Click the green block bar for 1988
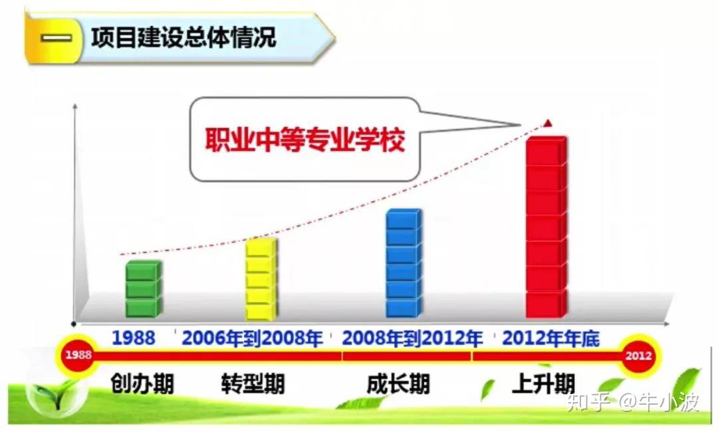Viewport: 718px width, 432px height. click(144, 288)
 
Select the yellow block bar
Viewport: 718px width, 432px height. click(261, 278)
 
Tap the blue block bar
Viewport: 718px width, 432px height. click(404, 263)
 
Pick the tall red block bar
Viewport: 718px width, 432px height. click(546, 227)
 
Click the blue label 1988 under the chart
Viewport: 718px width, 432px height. click(134, 338)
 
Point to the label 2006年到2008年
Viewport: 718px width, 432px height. click(253, 339)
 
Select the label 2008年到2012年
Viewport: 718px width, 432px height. click(412, 339)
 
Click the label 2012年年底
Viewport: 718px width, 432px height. click(551, 339)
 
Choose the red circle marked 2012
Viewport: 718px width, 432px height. click(639, 356)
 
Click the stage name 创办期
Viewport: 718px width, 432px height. click(142, 383)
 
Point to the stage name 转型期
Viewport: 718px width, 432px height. click(253, 383)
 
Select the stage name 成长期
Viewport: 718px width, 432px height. click(398, 383)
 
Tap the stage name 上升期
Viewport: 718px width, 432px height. click(544, 383)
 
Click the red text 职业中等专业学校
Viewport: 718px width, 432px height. click(305, 140)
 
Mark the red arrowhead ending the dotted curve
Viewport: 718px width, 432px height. click(548, 123)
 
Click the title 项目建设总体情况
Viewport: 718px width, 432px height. click(183, 37)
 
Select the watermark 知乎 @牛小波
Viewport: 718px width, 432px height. click(633, 402)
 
